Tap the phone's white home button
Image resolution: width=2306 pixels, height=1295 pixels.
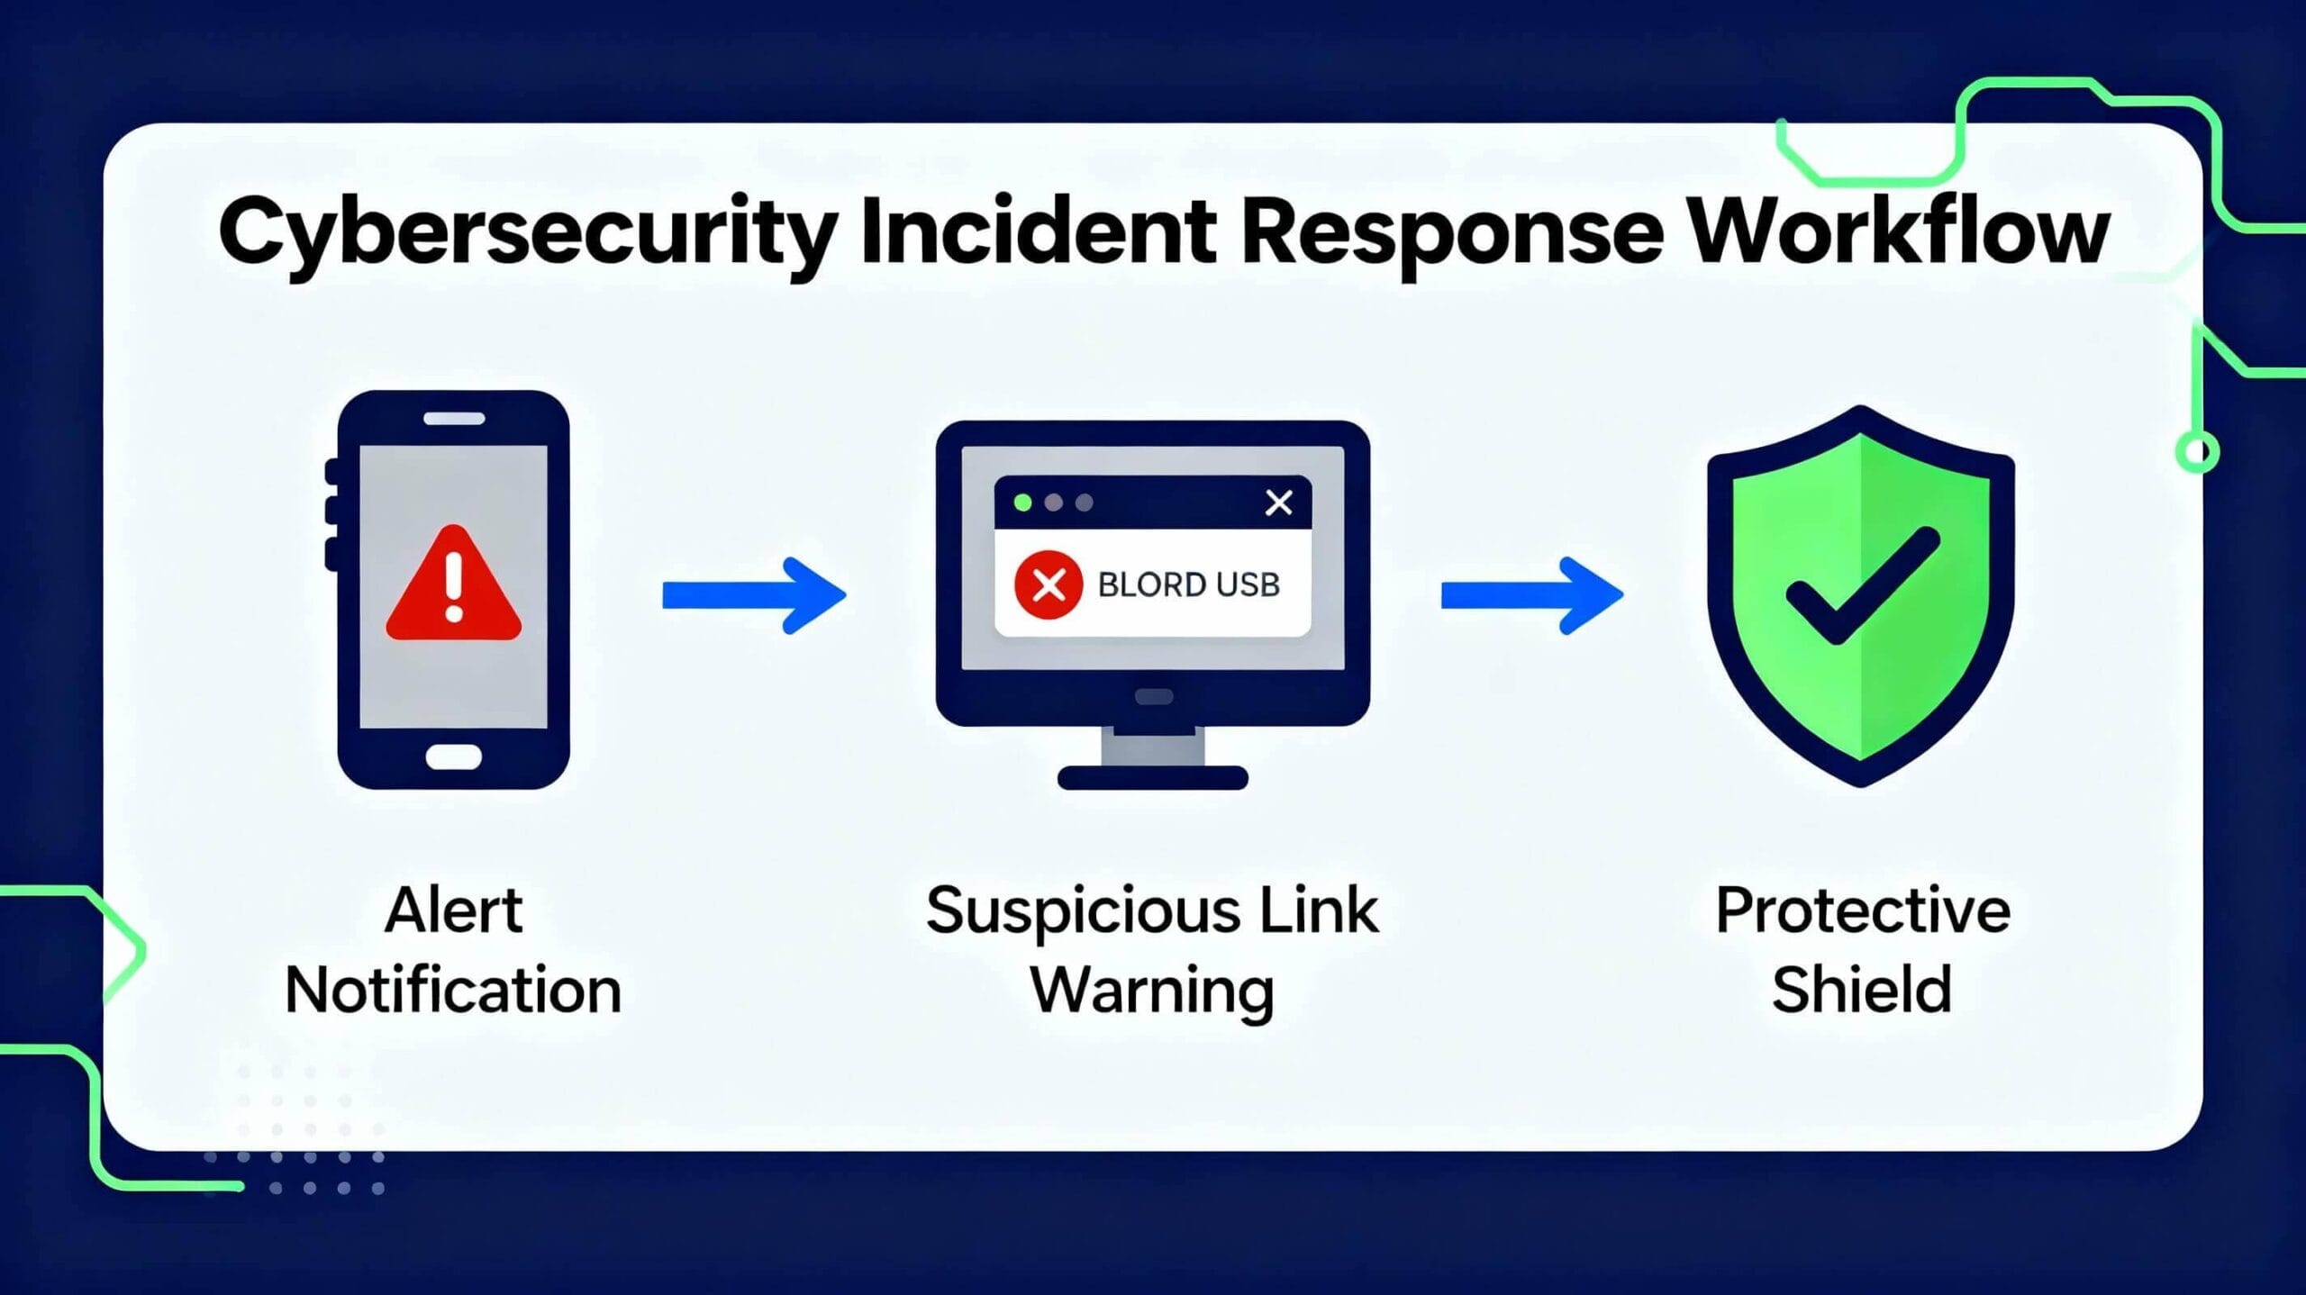tap(453, 756)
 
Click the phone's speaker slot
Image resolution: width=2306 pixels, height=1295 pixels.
tap(454, 419)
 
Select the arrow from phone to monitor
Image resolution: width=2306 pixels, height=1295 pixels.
tap(754, 595)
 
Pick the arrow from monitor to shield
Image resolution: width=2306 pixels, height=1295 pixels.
tap(1532, 595)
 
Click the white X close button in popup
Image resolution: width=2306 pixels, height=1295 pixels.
tap(1279, 503)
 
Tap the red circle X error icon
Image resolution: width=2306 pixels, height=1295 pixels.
tap(1049, 585)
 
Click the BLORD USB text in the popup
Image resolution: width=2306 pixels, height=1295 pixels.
tap(1188, 585)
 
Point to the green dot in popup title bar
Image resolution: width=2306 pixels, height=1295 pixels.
tap(1022, 503)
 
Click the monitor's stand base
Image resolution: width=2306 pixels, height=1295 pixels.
tap(1153, 778)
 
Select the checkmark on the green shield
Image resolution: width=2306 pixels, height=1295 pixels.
tap(1863, 585)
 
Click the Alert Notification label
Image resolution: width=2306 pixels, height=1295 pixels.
tap(454, 951)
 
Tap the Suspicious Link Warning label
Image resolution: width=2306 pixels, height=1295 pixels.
tap(1153, 951)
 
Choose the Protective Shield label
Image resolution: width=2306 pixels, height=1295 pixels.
tap(1863, 951)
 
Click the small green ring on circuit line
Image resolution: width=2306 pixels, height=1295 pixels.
tap(2198, 451)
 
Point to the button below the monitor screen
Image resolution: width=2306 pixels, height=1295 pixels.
tap(1154, 697)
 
